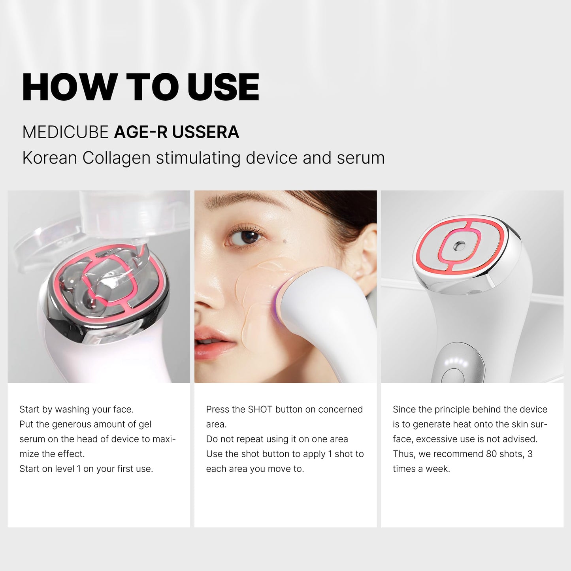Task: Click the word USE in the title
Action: coord(223,87)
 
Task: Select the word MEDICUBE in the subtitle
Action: coord(65,132)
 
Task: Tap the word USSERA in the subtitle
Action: coord(205,132)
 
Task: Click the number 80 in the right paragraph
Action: coord(491,454)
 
